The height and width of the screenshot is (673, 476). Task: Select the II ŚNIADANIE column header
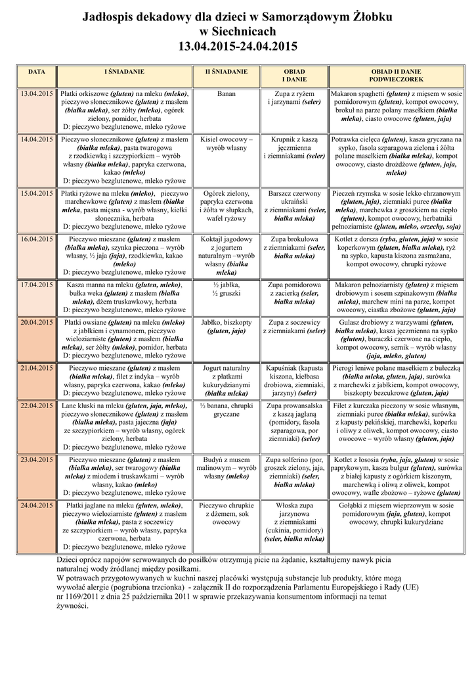click(227, 70)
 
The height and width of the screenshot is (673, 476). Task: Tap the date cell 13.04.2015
click(37, 94)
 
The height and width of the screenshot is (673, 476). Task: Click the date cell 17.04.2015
click(37, 285)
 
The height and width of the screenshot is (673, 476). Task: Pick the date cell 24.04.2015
click(37, 505)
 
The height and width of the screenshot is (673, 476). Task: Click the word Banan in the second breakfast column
click(227, 94)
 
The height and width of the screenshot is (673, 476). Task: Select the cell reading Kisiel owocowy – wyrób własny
click(227, 144)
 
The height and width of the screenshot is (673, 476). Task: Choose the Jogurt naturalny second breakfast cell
click(227, 381)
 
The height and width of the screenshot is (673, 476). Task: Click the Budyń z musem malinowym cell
click(227, 468)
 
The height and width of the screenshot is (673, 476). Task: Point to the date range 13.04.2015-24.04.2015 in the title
click(238, 47)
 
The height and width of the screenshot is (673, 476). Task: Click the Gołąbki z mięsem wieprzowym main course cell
click(396, 513)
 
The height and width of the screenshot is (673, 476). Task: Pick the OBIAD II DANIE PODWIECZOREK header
click(396, 74)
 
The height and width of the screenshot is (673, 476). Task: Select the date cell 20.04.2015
click(37, 323)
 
